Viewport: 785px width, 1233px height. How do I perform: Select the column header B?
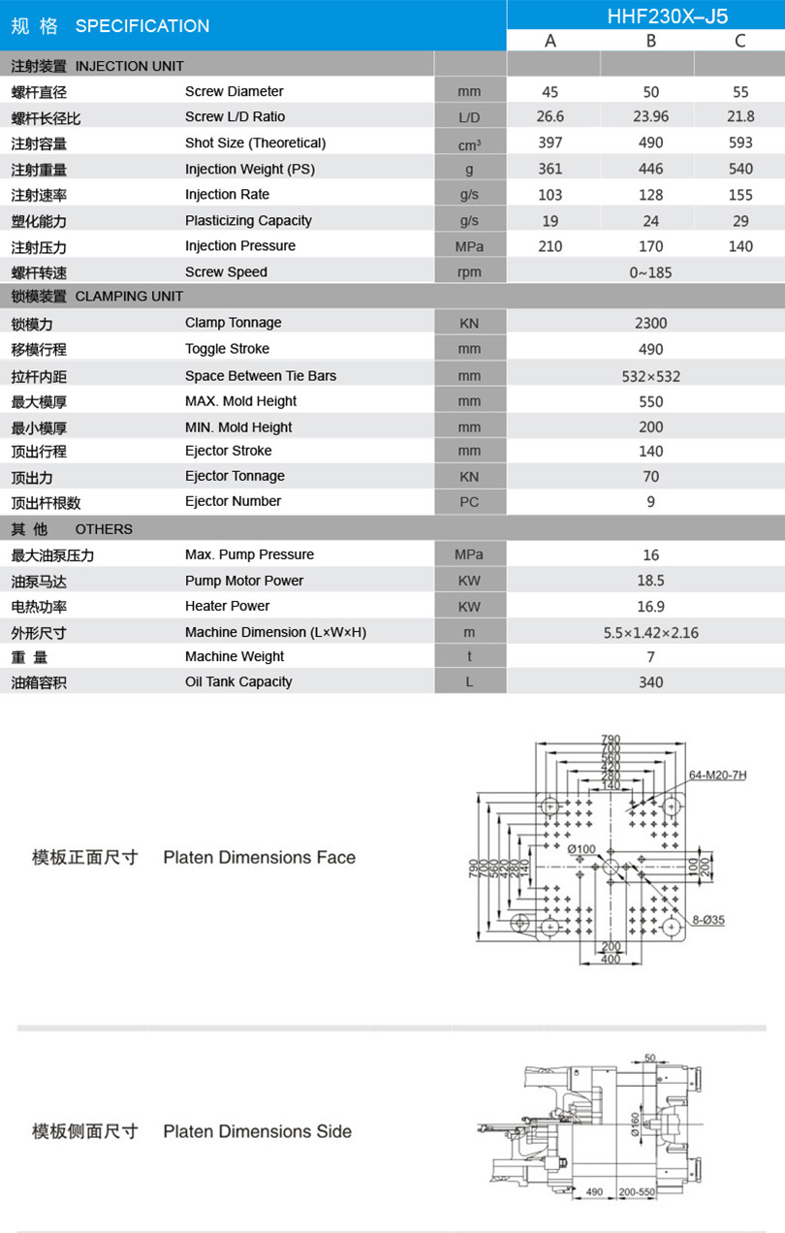point(651,40)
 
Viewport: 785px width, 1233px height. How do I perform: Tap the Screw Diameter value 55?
point(740,92)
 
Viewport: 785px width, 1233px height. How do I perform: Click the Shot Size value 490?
point(651,143)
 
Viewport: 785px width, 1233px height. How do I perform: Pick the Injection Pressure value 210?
point(549,246)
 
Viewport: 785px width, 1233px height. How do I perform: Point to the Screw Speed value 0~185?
point(651,272)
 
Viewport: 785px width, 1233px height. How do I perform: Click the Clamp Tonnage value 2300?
point(651,323)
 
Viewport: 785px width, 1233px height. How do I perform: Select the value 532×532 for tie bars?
point(651,376)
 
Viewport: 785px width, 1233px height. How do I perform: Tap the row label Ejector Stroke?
point(229,451)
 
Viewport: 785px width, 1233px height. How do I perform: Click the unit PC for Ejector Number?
point(469,502)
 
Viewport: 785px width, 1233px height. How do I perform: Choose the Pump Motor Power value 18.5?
point(651,581)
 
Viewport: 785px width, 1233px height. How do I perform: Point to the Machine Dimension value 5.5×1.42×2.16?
point(651,633)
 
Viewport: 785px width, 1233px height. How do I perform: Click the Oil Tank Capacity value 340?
point(651,682)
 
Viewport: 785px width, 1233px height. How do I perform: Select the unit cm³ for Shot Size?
point(470,144)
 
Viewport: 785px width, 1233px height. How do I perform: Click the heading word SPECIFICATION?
point(142,26)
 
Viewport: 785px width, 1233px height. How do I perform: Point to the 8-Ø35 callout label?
point(708,920)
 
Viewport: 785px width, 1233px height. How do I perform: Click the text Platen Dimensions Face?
point(259,857)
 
